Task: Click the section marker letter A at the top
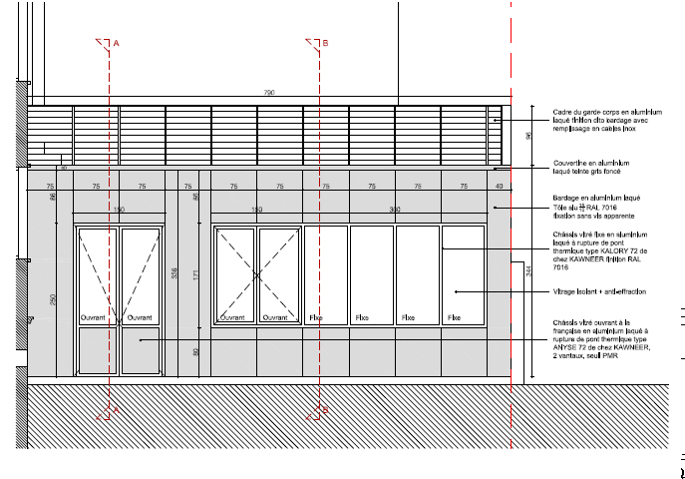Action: coord(117,43)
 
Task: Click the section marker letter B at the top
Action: coord(324,43)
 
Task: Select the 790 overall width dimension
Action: coord(268,92)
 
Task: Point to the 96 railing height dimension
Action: coord(529,135)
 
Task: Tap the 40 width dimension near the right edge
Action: coord(500,187)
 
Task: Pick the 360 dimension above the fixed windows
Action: coord(394,210)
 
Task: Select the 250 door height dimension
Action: coord(52,299)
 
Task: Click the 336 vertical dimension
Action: coord(175,274)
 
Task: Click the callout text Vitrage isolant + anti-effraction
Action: coord(599,291)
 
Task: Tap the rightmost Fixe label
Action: coord(454,317)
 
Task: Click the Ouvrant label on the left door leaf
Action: coord(93,317)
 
